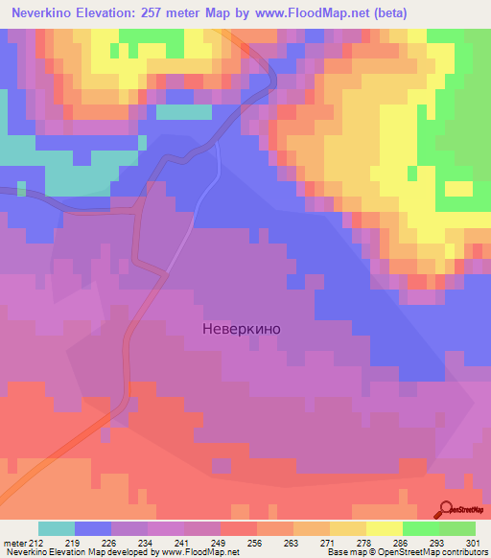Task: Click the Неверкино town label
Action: (242, 328)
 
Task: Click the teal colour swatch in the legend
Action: (57, 528)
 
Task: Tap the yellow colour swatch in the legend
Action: (385, 528)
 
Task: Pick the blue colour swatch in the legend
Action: (93, 528)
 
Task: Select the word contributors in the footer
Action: (463, 552)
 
